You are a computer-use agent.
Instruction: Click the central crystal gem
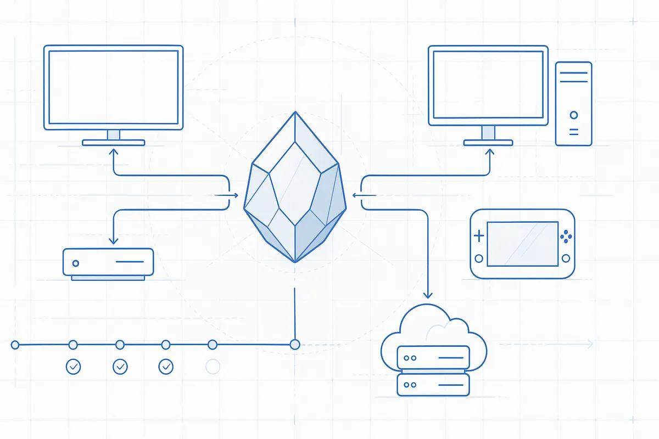coord(295,189)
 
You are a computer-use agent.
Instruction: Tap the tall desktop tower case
coord(573,104)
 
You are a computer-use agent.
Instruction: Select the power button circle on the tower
coord(574,115)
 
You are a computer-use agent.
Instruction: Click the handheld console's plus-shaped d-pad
coord(479,237)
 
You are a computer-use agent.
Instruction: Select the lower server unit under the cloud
coord(433,384)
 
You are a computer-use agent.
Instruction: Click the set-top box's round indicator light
coord(75,263)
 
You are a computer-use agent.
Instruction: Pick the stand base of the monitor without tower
coord(114,143)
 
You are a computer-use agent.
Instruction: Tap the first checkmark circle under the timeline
coord(72,367)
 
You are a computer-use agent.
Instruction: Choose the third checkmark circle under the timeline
coord(166,367)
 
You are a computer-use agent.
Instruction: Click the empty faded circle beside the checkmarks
coord(213,367)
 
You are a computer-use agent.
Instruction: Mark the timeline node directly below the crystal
coord(295,345)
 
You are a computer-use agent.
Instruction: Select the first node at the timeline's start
coord(15,345)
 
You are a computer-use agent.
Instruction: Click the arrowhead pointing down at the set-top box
coord(113,239)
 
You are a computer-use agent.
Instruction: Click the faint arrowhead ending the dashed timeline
coord(590,344)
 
